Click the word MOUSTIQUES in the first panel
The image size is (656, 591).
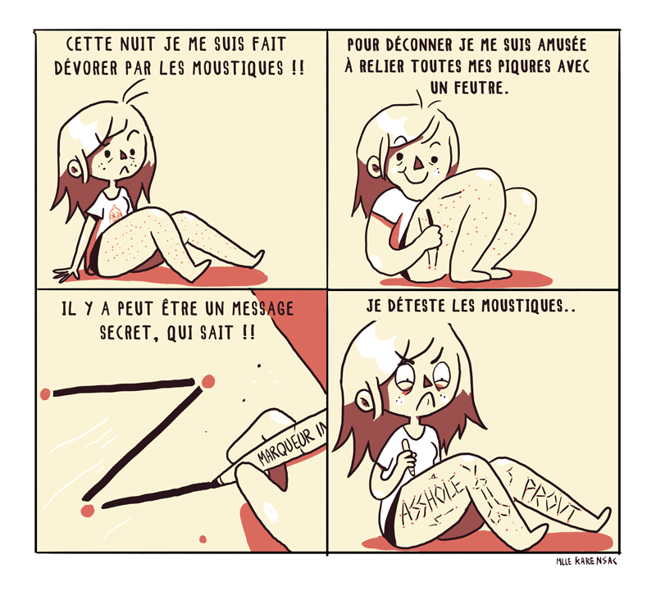click(238, 68)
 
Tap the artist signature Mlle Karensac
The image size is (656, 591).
click(586, 561)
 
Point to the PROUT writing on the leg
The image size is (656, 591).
click(550, 501)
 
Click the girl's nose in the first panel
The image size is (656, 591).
click(124, 155)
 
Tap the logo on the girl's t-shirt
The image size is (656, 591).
click(115, 214)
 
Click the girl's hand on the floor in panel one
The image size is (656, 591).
click(66, 275)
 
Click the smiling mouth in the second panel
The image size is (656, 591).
click(411, 177)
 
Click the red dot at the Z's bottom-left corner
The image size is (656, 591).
click(88, 511)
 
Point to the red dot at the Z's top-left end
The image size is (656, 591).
click(45, 393)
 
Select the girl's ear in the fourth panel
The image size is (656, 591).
click(365, 401)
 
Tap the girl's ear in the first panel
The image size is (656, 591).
click(75, 169)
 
